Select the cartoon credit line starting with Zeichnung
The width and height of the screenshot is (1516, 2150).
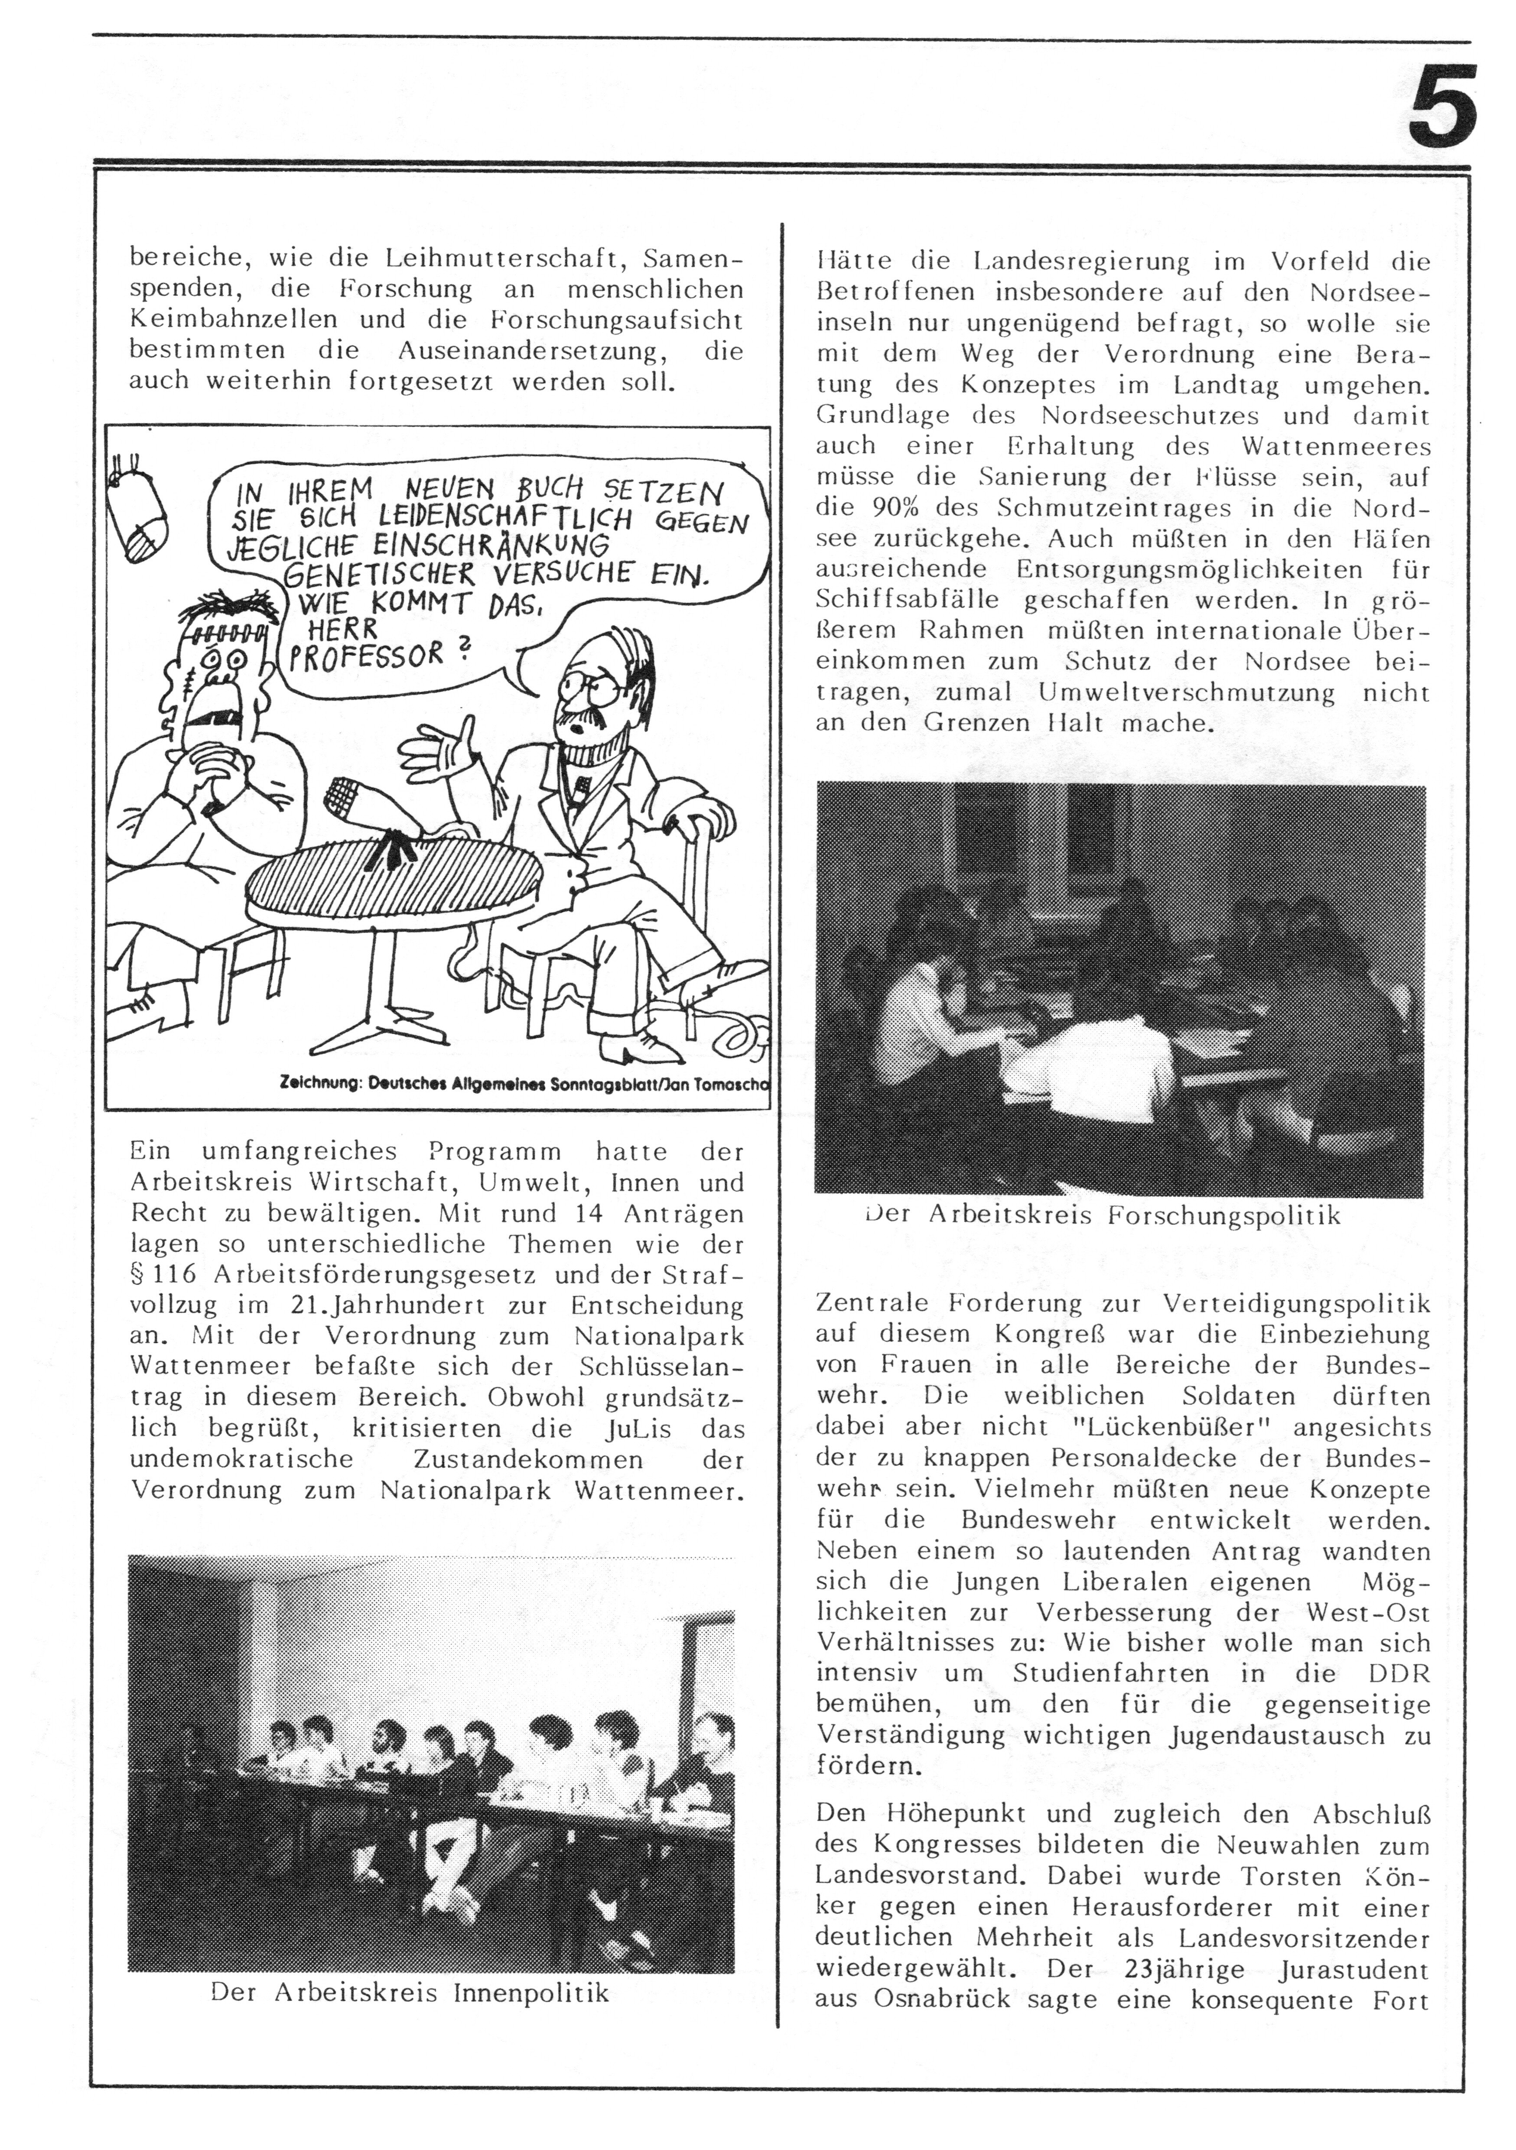(x=524, y=1083)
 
